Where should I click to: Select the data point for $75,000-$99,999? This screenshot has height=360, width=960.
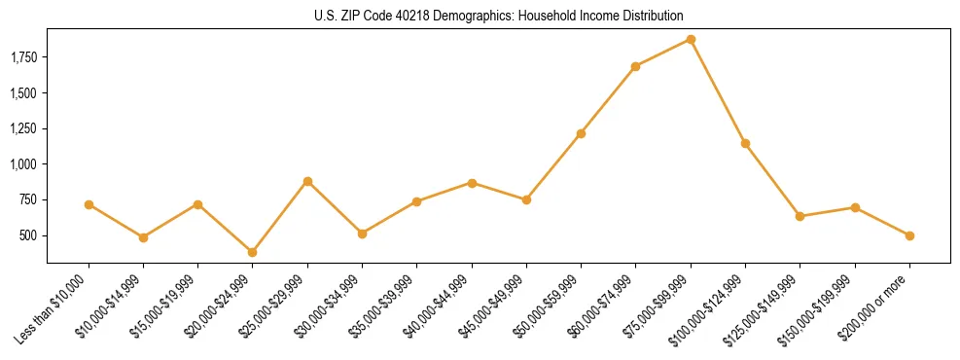tap(691, 39)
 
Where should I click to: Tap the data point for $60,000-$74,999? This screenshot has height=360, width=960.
tap(635, 66)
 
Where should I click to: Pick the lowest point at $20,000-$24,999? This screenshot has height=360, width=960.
tap(253, 252)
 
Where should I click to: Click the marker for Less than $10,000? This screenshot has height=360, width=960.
tap(89, 204)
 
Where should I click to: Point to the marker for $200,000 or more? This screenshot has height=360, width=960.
tap(909, 235)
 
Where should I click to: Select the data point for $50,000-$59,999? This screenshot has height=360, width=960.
tap(581, 133)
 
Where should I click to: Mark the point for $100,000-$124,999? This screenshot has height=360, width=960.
tap(745, 143)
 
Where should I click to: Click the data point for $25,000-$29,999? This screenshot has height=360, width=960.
tap(307, 181)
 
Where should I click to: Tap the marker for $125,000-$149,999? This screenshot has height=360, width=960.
tap(800, 216)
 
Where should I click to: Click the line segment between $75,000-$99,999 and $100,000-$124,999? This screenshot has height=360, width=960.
tap(718, 91)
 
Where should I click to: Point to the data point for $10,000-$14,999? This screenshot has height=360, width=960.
tap(143, 237)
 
